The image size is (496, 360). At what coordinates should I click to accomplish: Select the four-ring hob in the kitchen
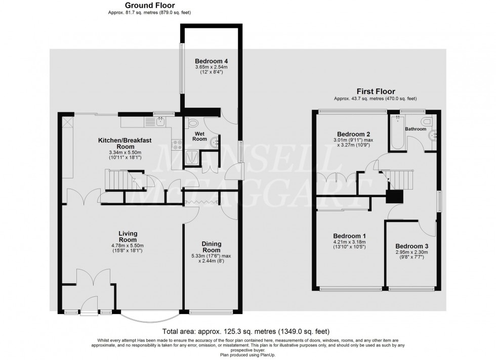(178, 145)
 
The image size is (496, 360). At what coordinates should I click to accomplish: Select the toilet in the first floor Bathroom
(426, 122)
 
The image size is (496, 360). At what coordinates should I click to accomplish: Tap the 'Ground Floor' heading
(150, 6)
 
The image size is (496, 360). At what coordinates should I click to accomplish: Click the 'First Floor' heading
(375, 92)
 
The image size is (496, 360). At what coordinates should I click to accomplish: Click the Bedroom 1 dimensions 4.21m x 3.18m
(349, 242)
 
